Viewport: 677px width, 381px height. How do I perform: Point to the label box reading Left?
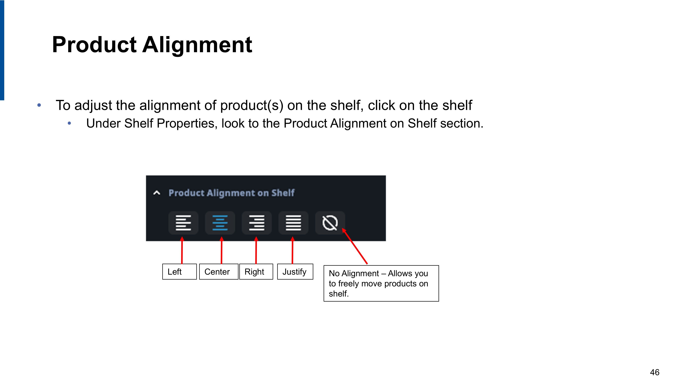click(180, 272)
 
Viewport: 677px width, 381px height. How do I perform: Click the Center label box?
click(219, 272)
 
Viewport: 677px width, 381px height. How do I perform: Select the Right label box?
click(256, 272)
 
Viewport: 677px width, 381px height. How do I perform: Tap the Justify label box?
click(295, 272)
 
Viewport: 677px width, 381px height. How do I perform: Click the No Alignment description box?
click(381, 283)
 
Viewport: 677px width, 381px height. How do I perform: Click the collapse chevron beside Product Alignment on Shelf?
click(157, 193)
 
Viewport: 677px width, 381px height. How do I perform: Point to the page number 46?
click(655, 372)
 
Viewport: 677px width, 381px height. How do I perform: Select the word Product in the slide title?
click(94, 45)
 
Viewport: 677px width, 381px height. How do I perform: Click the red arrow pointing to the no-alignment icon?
click(355, 246)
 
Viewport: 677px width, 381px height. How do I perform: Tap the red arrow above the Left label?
click(182, 250)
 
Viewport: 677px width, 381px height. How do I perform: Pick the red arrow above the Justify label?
click(292, 250)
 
